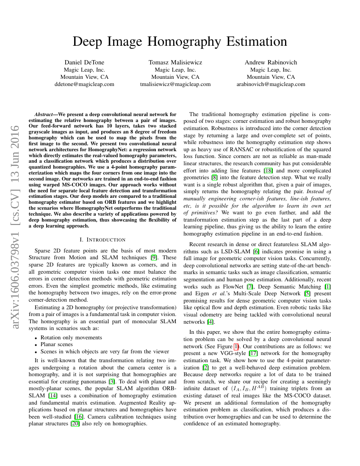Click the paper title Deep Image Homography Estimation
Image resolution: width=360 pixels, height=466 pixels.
coord(180,42)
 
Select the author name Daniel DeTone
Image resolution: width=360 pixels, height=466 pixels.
coord(84,62)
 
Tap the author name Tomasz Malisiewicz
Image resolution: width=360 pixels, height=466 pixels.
coord(175,62)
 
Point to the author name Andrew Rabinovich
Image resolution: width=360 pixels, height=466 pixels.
coord(271,62)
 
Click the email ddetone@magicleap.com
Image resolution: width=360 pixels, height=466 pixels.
coord(84,84)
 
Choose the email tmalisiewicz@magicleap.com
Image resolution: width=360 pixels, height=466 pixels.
coord(175,84)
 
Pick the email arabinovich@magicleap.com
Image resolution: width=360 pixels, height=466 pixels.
coord(271,84)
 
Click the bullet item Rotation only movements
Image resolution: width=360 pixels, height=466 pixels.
coord(71,338)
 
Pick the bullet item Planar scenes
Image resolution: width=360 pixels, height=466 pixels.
coord(57,344)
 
